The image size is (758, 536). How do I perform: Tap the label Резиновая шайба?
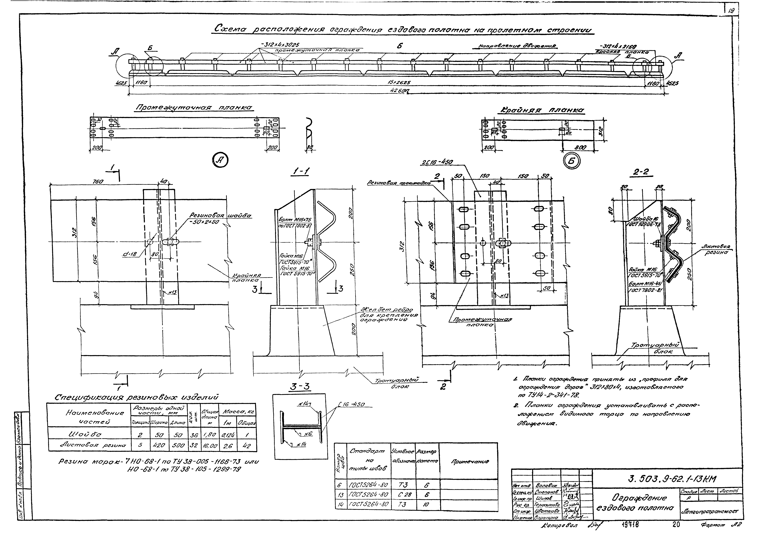coord(220,215)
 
